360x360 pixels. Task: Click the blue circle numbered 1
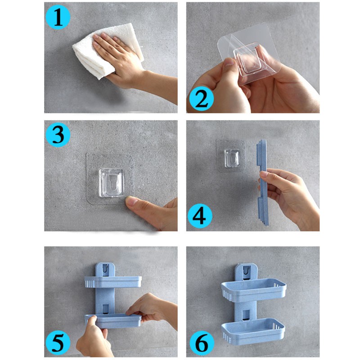[58, 17]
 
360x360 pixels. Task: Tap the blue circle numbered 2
[201, 99]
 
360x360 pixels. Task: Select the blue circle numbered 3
[58, 135]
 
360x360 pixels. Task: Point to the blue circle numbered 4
[200, 216]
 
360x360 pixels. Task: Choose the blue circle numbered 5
[58, 343]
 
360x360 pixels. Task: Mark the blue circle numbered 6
[202, 343]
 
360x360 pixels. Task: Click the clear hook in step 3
[112, 183]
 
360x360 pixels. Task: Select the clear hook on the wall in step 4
[232, 158]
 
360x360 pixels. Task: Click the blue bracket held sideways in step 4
[263, 183]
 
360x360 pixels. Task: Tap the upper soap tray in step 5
[113, 282]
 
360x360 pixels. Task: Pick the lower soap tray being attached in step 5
[113, 320]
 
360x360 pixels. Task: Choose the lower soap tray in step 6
[253, 331]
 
